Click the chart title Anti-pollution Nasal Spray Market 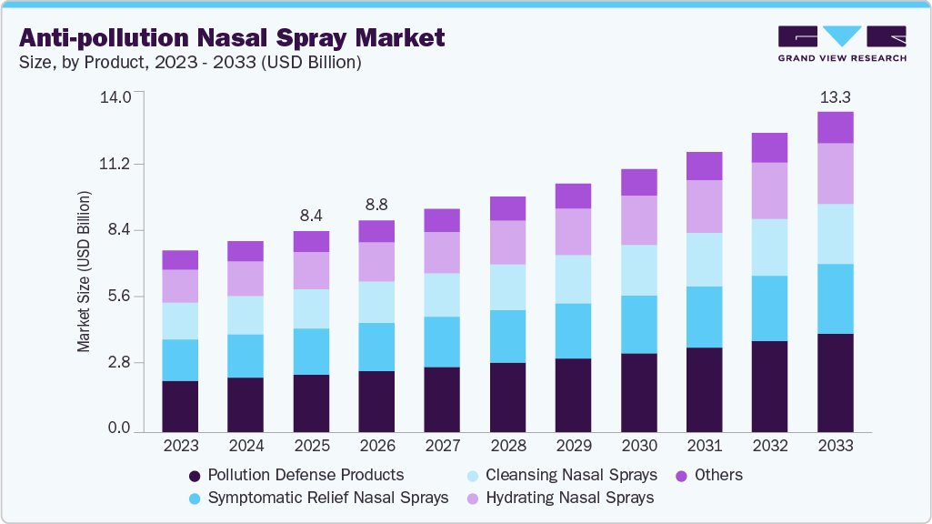point(233,37)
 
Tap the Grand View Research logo point(842,44)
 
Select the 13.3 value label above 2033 point(835,96)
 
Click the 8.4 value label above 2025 point(311,216)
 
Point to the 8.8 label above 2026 point(376,205)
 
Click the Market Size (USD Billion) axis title point(84,271)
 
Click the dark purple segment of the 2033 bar point(835,382)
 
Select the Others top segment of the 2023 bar point(180,260)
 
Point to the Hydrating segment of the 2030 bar point(638,220)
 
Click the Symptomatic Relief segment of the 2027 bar point(442,342)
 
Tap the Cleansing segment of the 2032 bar point(769,247)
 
